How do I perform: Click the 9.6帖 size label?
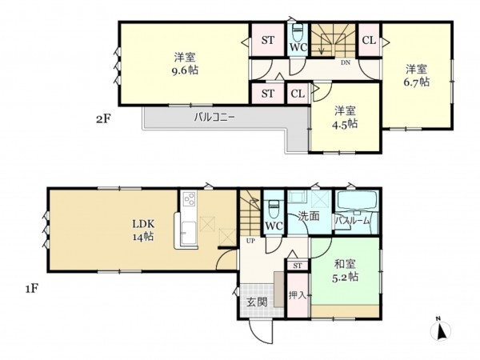pos(185,70)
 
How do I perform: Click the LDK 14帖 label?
pos(143,236)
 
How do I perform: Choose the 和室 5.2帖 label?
pos(345,275)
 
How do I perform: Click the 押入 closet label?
pos(297,294)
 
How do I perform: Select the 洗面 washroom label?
pos(310,216)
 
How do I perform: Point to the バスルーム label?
pos(352,220)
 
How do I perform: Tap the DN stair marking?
pos(346,62)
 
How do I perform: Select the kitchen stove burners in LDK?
pos(190,199)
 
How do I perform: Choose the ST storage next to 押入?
pos(297,265)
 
